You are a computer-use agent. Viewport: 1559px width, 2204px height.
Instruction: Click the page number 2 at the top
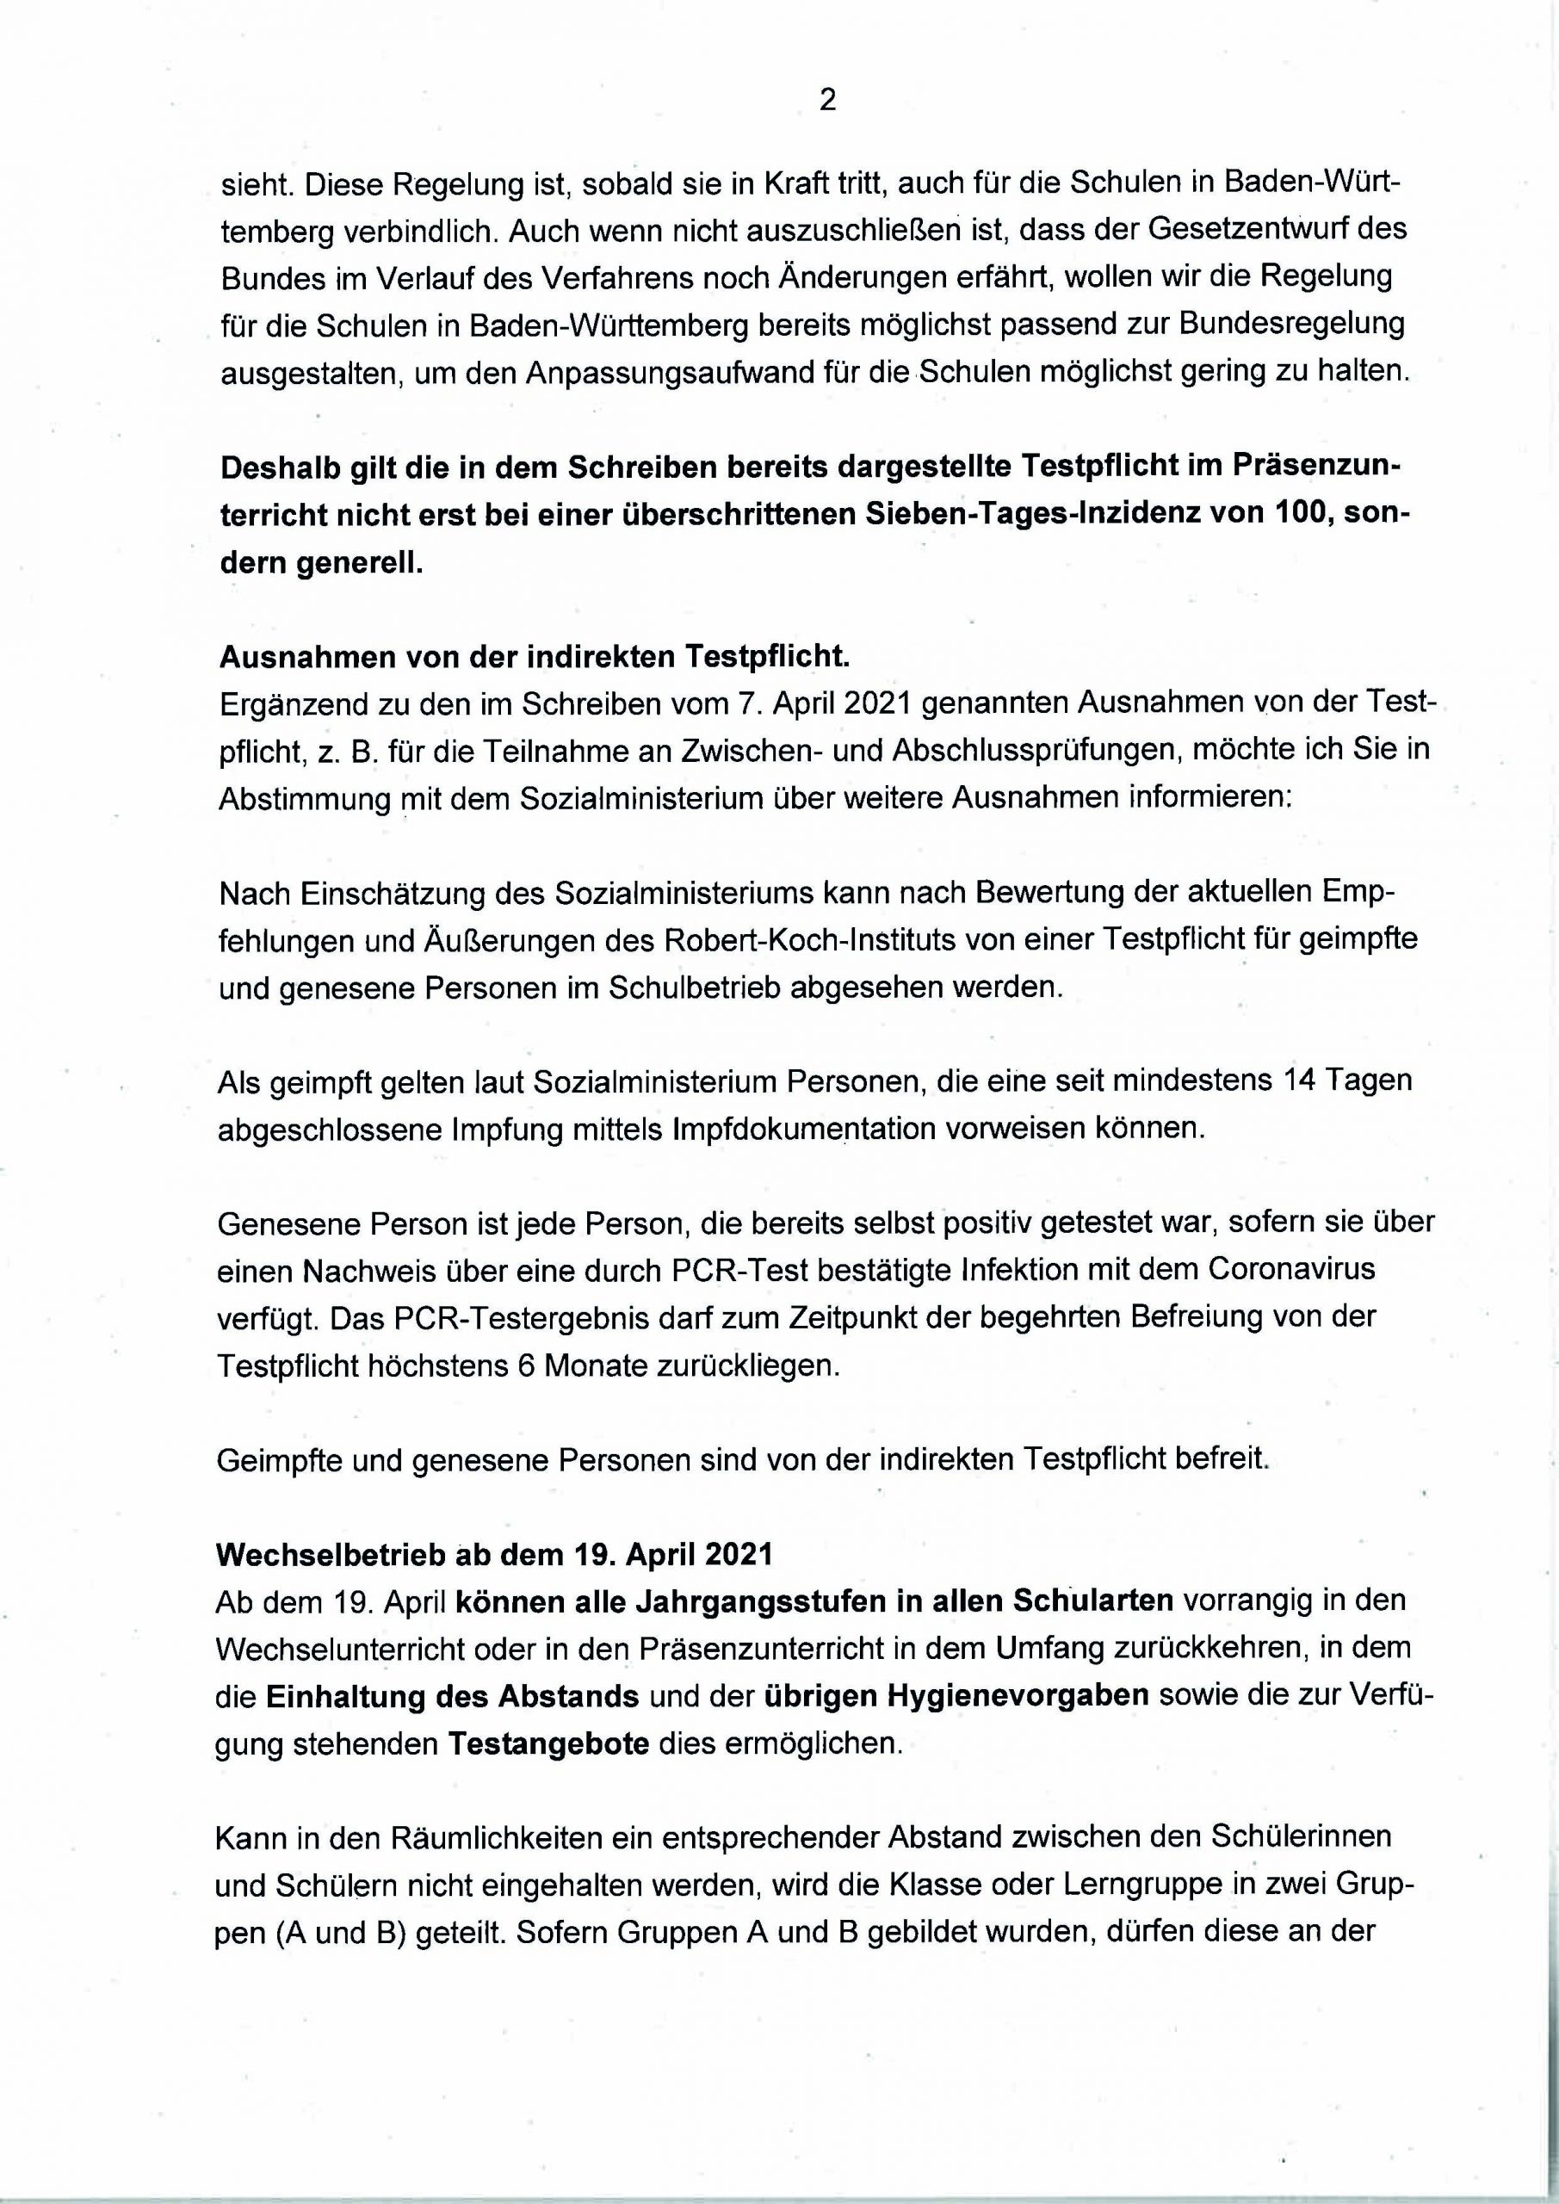tap(826, 101)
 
